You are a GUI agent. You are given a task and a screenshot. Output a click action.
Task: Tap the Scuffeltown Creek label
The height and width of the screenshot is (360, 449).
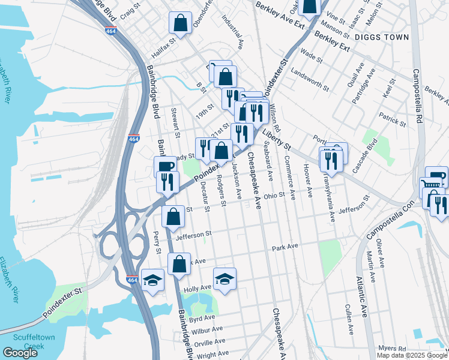tap(27, 341)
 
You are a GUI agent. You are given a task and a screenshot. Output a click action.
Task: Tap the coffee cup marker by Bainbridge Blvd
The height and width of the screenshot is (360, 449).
tap(165, 166)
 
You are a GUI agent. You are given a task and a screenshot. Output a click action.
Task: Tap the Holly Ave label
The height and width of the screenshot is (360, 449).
tap(197, 289)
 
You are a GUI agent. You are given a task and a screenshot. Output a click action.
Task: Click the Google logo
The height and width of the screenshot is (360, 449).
tap(20, 353)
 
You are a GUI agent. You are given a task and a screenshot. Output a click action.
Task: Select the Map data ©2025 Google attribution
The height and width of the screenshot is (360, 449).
tap(411, 355)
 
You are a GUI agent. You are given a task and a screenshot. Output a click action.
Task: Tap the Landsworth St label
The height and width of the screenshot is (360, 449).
tap(310, 80)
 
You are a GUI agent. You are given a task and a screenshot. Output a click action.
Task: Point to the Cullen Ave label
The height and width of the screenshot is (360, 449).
tap(348, 319)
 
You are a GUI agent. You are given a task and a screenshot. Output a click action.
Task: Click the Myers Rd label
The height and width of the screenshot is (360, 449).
tap(393, 349)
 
